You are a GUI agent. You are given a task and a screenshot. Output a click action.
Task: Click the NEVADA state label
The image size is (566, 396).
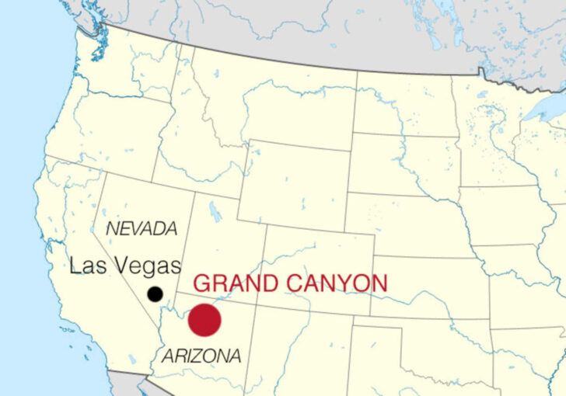[x=141, y=229]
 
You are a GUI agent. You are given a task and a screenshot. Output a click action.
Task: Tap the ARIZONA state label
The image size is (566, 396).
[x=201, y=356]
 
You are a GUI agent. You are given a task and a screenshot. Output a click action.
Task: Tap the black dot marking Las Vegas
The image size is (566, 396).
[x=155, y=294]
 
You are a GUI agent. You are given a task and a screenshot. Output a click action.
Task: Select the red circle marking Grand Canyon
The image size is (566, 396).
[x=204, y=319]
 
